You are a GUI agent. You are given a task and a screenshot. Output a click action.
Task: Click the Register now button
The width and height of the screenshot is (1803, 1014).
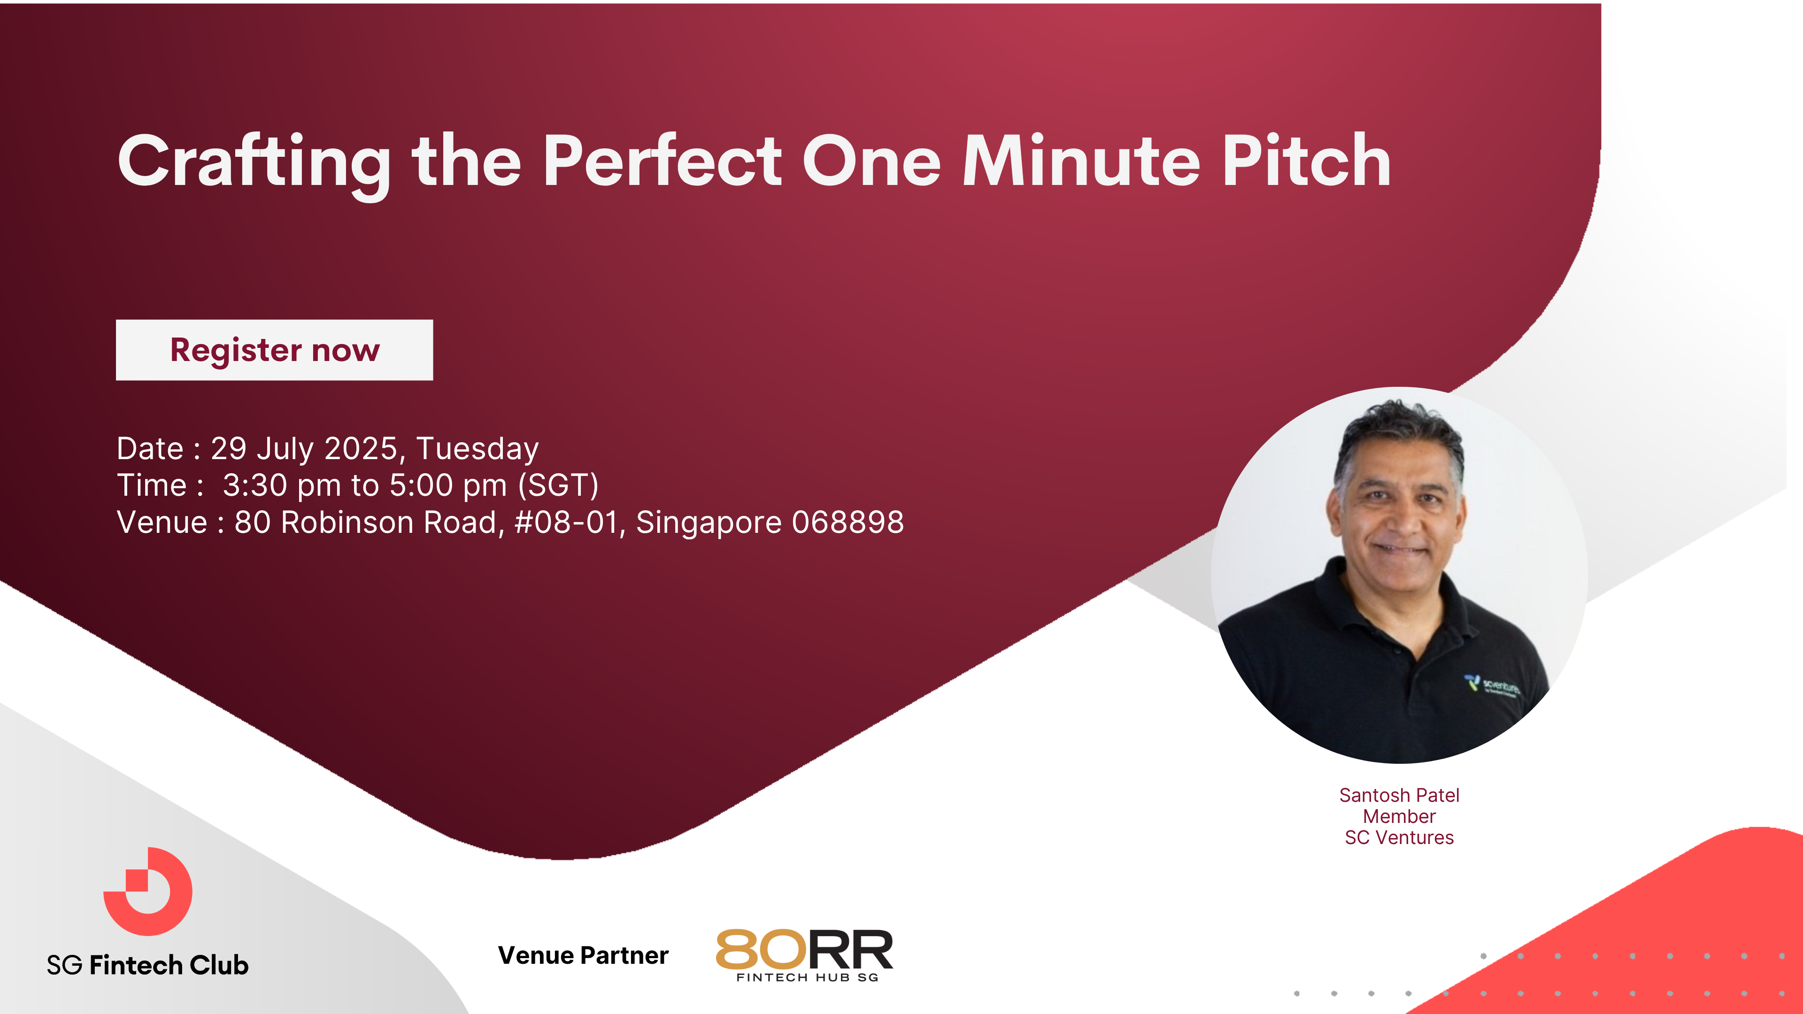point(274,350)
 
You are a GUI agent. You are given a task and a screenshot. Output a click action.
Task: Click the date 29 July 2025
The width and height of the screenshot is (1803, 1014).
point(304,449)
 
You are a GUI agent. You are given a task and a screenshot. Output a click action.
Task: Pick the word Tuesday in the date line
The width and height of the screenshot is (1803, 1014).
point(478,449)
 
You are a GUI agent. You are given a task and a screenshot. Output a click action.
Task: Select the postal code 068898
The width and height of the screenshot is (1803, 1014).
point(848,522)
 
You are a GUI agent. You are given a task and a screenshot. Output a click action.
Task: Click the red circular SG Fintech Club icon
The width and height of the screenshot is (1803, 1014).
point(148,891)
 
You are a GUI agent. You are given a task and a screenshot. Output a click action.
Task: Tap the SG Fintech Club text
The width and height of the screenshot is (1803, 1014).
point(148,965)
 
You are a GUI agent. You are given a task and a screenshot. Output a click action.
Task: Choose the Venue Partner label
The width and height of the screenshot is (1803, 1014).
point(583,955)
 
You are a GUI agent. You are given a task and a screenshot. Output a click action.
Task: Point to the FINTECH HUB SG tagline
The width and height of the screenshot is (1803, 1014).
point(808,977)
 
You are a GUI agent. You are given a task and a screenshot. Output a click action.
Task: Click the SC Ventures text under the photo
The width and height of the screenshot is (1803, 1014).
point(1399,837)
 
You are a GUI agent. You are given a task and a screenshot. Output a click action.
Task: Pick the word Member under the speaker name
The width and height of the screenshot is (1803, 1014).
point(1399,817)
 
